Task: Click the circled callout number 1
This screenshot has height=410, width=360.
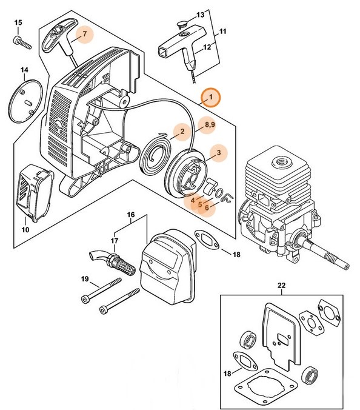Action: coord(211,96)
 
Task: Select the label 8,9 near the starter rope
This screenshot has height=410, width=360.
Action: coord(210,126)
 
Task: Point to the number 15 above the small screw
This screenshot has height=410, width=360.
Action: coord(18,22)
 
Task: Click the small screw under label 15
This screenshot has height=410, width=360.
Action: coord(22,42)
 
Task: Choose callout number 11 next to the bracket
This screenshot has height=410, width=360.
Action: coord(222,30)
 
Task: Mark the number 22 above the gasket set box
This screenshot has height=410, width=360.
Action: coord(280,285)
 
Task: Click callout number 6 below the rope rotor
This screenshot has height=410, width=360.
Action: coord(208,207)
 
